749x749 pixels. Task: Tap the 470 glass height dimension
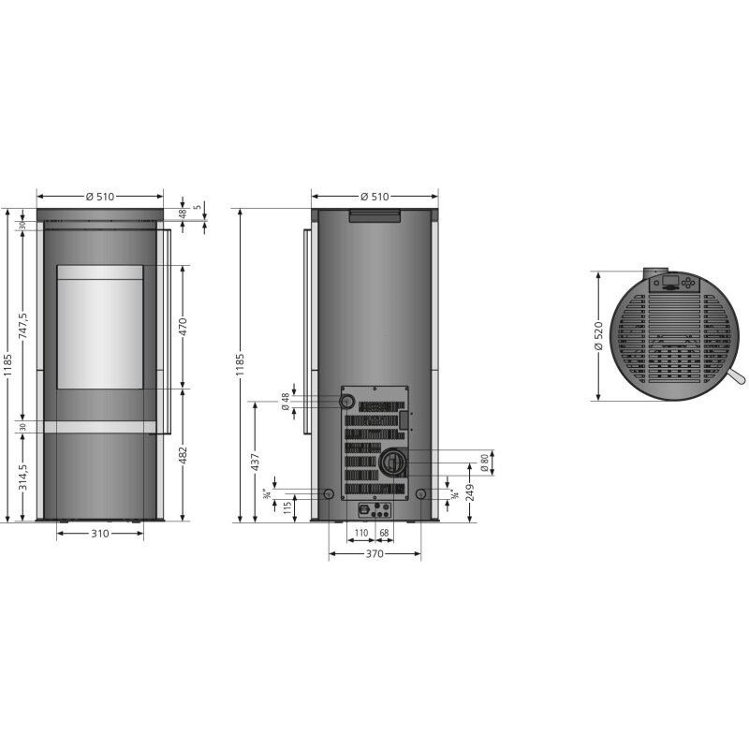[x=184, y=327]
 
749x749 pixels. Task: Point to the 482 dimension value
[x=184, y=456]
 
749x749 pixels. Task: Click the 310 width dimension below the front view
[x=100, y=534]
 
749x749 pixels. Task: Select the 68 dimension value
[x=384, y=534]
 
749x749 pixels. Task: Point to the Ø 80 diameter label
[x=485, y=462]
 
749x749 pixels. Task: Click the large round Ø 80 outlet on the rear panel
[x=391, y=461]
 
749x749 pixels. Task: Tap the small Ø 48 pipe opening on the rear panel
[x=347, y=402]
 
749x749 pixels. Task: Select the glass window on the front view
[x=100, y=327]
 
